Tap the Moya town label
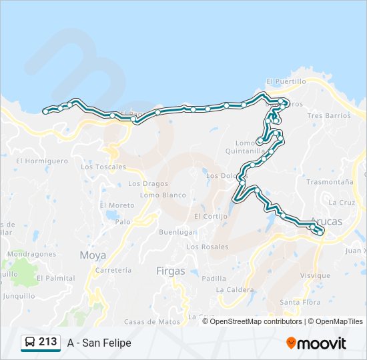[93, 255]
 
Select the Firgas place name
[169, 271]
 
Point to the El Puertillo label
[286, 81]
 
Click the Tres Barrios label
[329, 115]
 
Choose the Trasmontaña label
[330, 181]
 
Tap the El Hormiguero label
[42, 161]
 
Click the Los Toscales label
[103, 167]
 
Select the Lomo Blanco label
[163, 195]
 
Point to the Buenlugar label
[177, 232]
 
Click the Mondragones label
[31, 254]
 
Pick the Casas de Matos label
[152, 321]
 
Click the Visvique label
[315, 275]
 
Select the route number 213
[47, 341]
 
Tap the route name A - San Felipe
[99, 343]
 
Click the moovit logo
[316, 343]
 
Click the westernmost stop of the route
[45, 111]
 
